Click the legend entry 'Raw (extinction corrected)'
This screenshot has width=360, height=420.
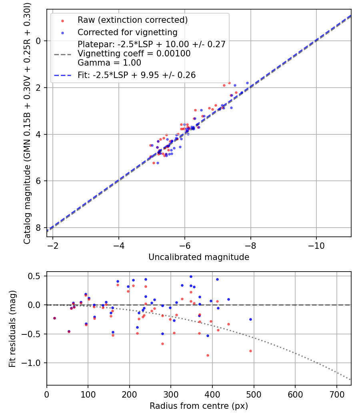132,20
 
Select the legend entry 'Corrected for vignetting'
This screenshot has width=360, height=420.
127,32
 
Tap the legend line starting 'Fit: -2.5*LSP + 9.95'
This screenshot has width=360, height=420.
136,75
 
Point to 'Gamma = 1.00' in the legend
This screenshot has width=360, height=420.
109,62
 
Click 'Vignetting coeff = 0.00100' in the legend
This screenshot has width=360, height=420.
134,54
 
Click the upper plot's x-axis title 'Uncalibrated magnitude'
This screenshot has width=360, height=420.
199,257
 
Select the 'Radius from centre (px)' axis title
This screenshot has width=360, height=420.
199,406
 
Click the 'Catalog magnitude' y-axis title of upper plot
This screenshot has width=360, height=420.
27,123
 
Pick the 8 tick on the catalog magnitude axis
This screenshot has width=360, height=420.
38,228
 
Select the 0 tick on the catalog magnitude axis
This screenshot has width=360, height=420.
38,41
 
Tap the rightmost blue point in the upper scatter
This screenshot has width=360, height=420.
247,83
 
